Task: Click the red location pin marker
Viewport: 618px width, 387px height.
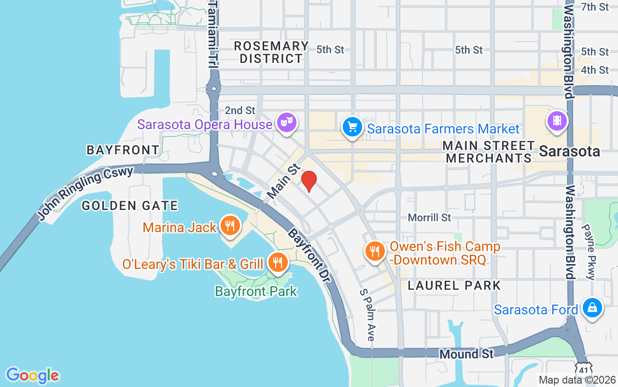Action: click(309, 181)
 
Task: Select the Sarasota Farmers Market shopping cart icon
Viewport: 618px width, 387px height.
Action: click(352, 127)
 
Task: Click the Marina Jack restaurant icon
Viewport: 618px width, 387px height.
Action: click(230, 225)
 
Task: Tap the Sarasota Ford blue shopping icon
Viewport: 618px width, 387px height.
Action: click(591, 308)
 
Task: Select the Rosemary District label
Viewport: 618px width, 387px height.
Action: click(271, 52)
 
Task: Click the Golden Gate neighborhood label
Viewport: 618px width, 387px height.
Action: click(129, 206)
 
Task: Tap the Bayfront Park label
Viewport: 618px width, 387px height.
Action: click(256, 291)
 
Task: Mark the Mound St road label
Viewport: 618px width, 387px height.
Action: click(466, 354)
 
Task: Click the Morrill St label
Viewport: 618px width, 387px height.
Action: click(429, 218)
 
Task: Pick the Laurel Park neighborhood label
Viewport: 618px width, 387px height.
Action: click(454, 285)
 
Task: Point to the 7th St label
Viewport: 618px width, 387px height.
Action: click(595, 7)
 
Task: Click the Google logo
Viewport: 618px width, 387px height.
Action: click(32, 375)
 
